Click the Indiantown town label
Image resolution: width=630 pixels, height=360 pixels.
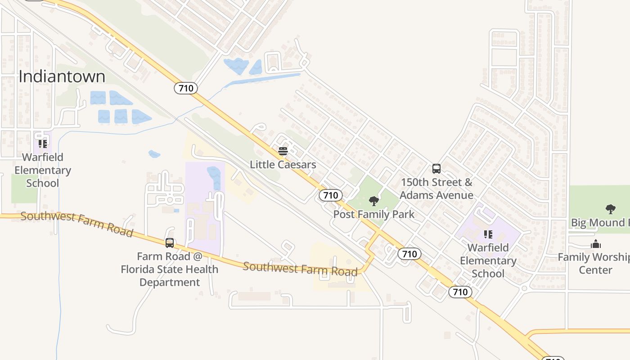[62, 76]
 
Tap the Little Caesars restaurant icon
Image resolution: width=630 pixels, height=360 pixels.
[283, 151]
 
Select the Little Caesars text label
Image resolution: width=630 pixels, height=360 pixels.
[283, 165]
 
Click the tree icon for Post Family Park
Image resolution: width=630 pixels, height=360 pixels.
[373, 201]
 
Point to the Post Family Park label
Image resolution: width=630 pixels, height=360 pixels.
[373, 214]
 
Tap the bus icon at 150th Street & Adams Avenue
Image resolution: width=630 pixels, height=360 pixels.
[436, 169]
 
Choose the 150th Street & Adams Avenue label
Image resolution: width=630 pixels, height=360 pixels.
[436, 189]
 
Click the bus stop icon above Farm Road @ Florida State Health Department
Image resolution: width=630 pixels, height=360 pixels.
[170, 243]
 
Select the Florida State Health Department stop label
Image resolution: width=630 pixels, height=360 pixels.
[170, 269]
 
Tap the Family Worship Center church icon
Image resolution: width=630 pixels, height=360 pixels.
[596, 244]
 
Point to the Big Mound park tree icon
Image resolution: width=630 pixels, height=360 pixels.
[610, 209]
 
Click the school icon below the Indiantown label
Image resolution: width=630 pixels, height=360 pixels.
[43, 144]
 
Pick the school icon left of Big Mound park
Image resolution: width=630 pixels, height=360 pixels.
[488, 234]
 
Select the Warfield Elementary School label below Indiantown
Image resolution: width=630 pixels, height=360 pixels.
[43, 170]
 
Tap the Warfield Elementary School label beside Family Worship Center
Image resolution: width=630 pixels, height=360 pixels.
[488, 261]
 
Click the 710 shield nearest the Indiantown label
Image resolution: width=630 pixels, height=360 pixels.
[186, 88]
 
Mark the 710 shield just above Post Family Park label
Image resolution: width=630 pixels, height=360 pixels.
[331, 195]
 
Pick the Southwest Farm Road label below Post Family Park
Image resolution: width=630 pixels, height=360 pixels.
[300, 268]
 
